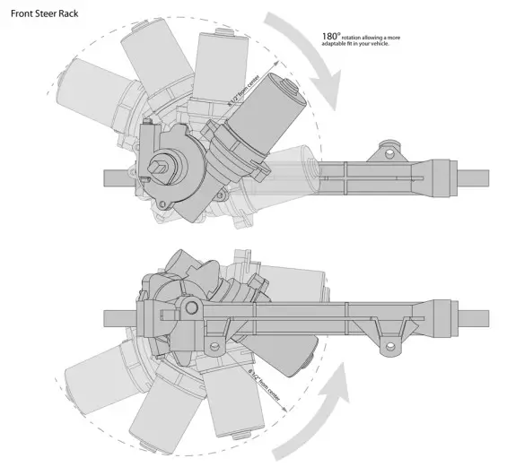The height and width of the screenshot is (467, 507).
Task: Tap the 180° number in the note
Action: click(330, 38)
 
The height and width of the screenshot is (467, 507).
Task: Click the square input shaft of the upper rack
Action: click(162, 165)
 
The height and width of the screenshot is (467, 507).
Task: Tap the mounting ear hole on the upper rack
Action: click(391, 145)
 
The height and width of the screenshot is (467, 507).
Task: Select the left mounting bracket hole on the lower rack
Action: click(214, 346)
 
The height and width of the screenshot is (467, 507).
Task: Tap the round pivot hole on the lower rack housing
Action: click(190, 309)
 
